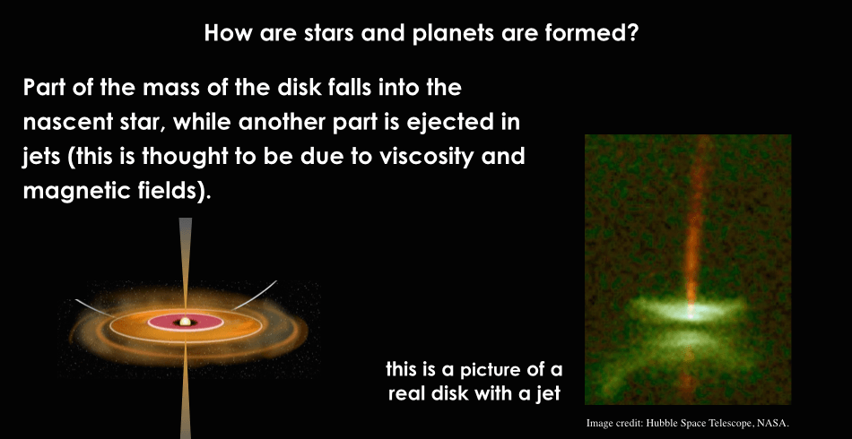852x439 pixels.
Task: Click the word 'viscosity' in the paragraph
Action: (425, 157)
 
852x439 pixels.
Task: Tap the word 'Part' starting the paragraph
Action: (46, 88)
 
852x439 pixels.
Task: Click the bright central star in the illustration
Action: (186, 322)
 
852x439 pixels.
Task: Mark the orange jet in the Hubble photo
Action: (691, 228)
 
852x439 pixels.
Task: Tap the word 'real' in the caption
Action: (410, 394)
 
